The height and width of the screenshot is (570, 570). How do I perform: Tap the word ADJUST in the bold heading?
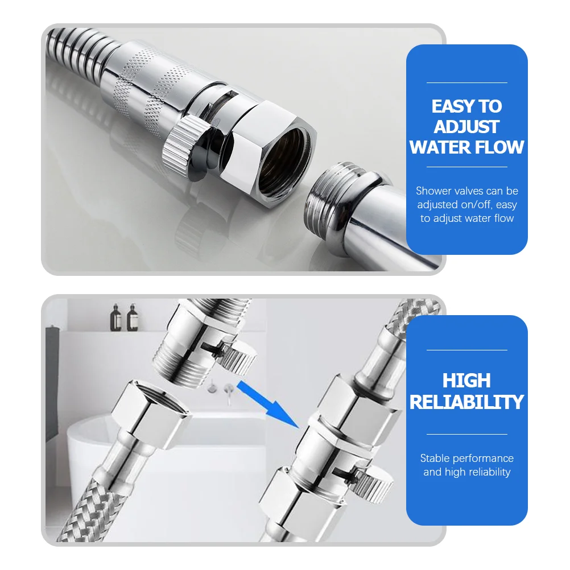466,127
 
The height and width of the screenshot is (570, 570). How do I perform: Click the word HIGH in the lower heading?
466,381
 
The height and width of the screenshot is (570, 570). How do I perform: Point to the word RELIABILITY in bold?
466,402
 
